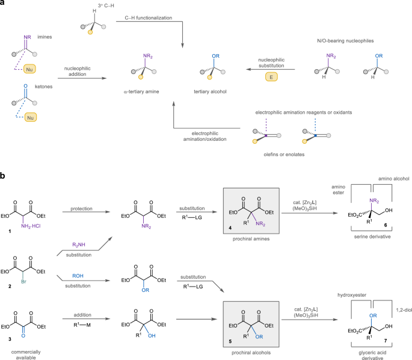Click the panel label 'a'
coord(4,4)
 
